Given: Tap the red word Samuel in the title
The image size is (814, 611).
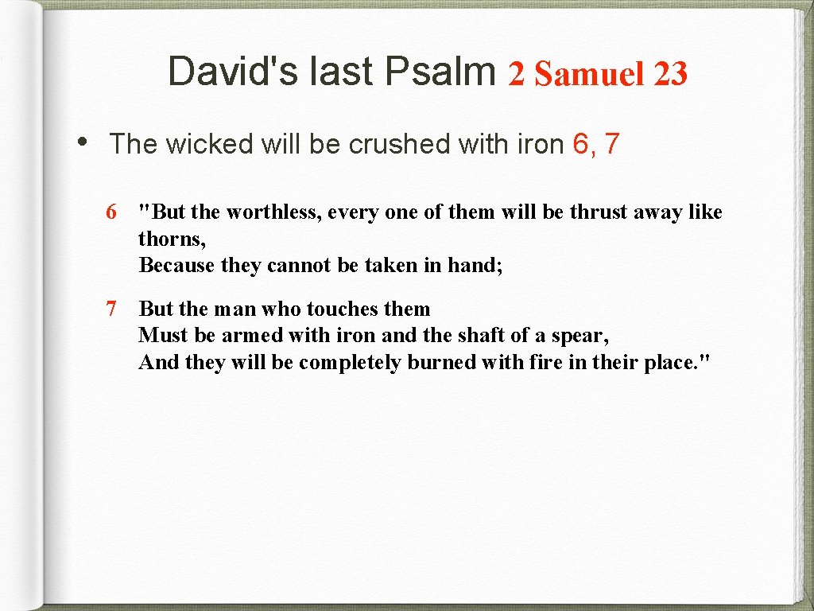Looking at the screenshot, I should click(589, 74).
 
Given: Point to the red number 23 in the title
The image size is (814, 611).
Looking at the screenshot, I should click(670, 74).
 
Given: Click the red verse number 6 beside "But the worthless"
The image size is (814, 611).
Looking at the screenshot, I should click(112, 212).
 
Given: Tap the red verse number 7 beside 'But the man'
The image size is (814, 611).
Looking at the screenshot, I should click(112, 309).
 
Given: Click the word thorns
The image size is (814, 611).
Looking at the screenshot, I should click(170, 239).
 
